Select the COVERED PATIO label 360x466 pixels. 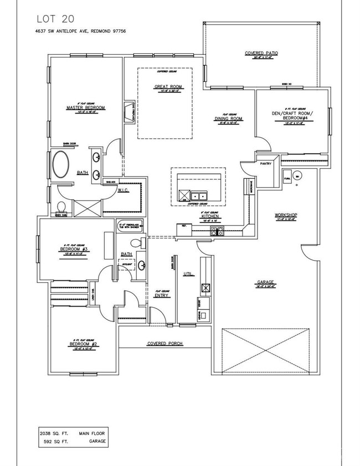tap(261, 53)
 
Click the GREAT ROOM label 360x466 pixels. tap(164, 87)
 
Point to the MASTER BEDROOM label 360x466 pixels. tap(86, 107)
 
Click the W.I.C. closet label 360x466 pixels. tap(123, 191)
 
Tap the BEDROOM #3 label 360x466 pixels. tap(71, 250)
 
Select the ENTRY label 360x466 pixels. tap(161, 295)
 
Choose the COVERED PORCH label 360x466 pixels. tap(164, 344)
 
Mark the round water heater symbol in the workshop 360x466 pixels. tap(297, 177)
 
